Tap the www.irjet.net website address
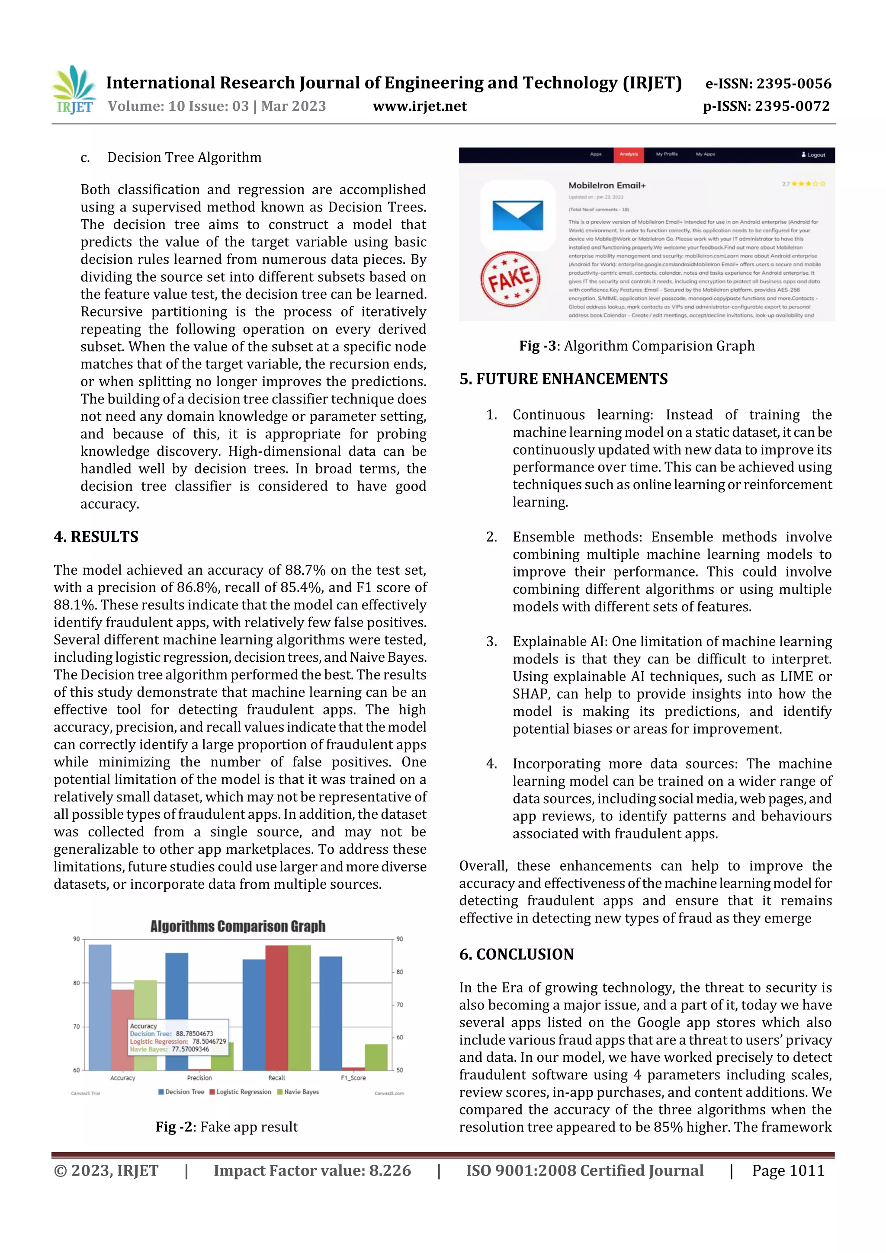click(x=419, y=106)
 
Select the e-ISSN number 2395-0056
click(x=768, y=83)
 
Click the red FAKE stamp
click(x=510, y=279)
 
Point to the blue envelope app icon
click(x=517, y=215)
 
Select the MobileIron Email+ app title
click(x=607, y=186)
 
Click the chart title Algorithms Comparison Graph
click(x=238, y=926)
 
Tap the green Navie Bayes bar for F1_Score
click(x=376, y=1057)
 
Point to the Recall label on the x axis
click(x=276, y=1078)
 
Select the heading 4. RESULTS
click(x=96, y=537)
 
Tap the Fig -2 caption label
click(x=173, y=1127)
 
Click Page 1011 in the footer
click(x=788, y=1170)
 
